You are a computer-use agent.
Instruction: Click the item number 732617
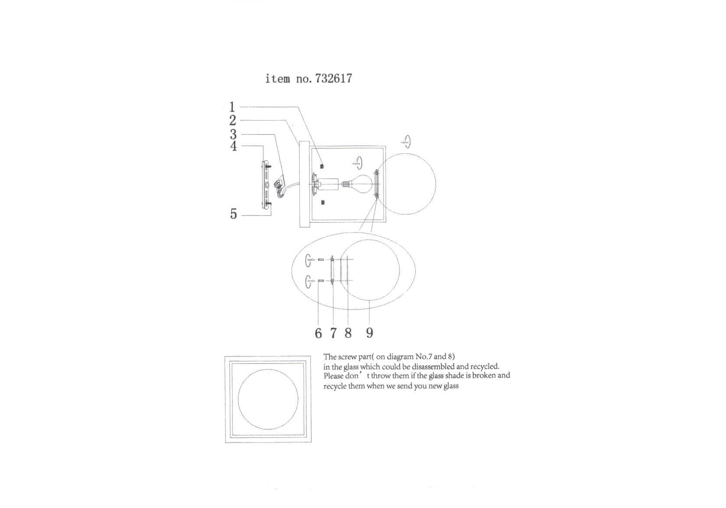coord(333,78)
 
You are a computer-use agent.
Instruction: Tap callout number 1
coord(232,107)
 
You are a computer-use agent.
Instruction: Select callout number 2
coord(233,121)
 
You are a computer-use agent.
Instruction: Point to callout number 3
coord(233,134)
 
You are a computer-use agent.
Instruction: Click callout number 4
coord(233,146)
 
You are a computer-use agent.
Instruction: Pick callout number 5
coord(233,214)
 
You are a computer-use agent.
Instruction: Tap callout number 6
coord(318,333)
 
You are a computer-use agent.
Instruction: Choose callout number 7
coord(333,333)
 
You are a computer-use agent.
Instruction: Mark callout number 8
coord(348,333)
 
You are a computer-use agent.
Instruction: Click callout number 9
coord(370,333)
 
